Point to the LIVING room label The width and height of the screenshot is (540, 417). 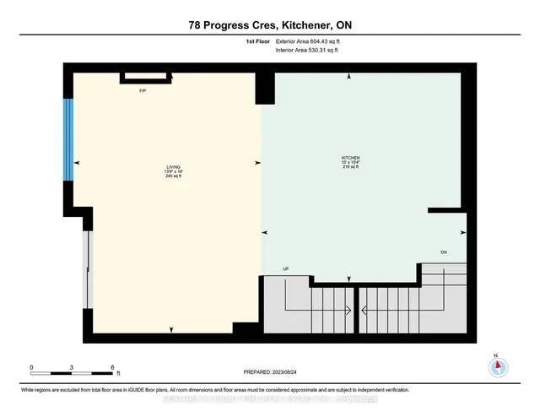(x=173, y=167)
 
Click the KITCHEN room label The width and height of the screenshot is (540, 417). (x=350, y=158)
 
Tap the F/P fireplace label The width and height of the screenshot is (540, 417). (x=143, y=90)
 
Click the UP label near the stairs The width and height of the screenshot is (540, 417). (x=286, y=269)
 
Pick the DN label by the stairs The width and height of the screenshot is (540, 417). (x=444, y=252)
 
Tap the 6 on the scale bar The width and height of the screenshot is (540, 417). (x=112, y=367)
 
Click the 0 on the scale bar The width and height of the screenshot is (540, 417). (x=31, y=367)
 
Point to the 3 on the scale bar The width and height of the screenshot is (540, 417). (x=72, y=367)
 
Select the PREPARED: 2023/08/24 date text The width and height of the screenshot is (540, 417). (x=270, y=371)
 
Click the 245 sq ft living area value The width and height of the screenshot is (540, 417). (x=173, y=176)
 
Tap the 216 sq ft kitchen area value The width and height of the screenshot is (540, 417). (x=350, y=167)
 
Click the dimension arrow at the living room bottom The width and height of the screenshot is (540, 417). (x=172, y=329)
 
